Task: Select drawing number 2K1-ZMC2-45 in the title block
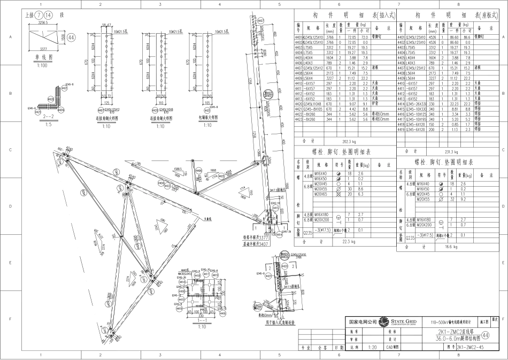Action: (469, 347)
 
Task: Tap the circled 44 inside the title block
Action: (485, 335)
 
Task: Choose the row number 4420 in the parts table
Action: (298, 104)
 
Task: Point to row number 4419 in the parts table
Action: (401, 129)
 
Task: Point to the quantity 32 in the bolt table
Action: (452, 199)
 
